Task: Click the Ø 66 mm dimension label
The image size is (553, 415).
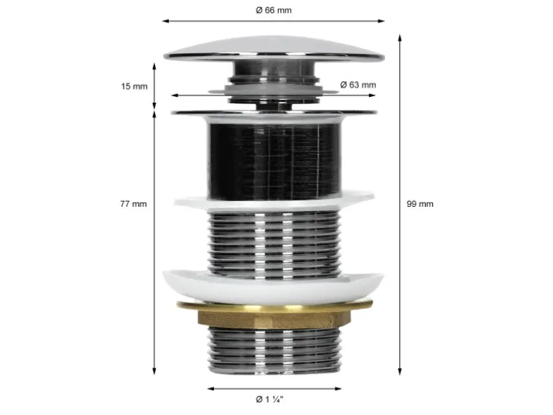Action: tap(274, 10)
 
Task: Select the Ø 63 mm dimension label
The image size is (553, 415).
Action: tap(358, 85)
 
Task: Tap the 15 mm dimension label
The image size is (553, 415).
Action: tap(134, 86)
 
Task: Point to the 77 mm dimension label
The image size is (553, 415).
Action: tap(134, 204)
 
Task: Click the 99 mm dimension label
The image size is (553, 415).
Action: tap(420, 204)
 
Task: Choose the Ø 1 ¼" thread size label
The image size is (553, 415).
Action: tap(269, 399)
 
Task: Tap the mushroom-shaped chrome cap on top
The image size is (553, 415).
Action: tap(274, 50)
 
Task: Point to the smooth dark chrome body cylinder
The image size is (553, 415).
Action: tap(274, 160)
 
